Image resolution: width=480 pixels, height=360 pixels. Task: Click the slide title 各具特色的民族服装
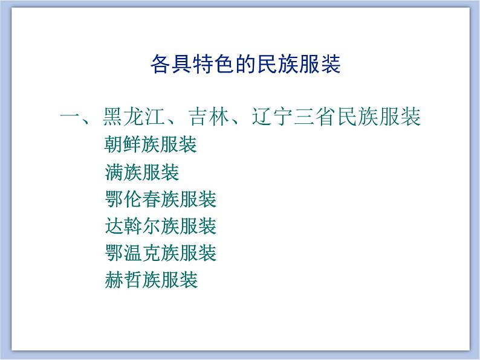[x=245, y=63]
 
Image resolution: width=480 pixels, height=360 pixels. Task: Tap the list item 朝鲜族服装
[x=151, y=146]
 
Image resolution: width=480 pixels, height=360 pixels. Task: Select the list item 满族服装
[x=141, y=173]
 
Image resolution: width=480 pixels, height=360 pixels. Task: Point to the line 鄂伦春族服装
[x=160, y=199]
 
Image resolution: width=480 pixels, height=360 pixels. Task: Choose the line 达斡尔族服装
[x=160, y=226]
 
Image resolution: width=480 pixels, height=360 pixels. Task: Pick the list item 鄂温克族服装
[x=160, y=252]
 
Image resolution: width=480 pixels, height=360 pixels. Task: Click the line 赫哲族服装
[x=151, y=279]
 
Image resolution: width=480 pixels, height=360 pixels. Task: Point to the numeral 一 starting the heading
[x=71, y=117]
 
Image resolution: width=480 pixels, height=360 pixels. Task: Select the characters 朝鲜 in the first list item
[x=123, y=146]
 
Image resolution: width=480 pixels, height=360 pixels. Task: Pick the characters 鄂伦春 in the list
[x=132, y=199]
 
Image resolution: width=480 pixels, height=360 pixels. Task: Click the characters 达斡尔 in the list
[x=132, y=226]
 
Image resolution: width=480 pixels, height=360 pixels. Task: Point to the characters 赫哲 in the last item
[x=123, y=279]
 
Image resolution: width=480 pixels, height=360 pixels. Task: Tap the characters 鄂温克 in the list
[x=132, y=252]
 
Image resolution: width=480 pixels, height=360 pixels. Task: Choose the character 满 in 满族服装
[x=114, y=173]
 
